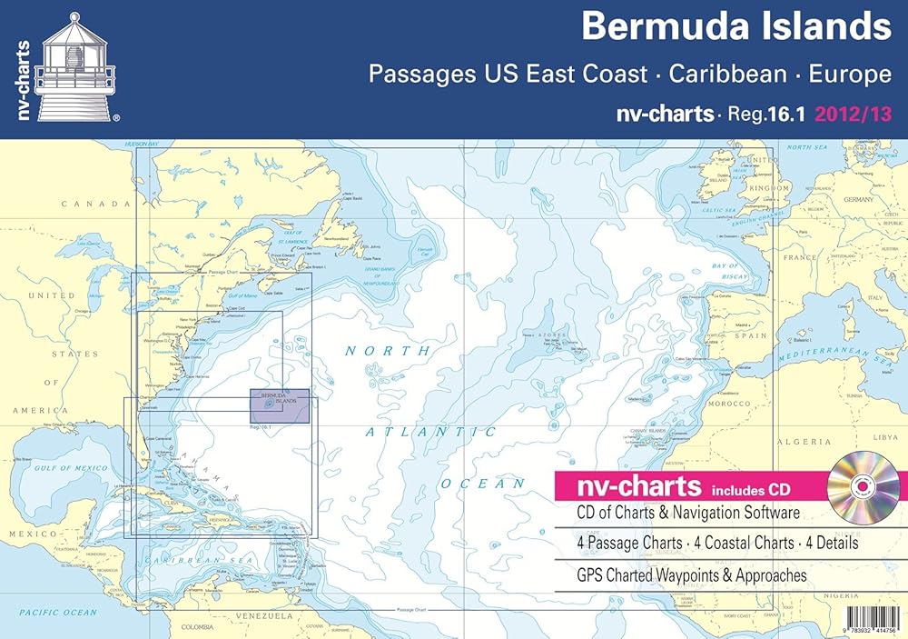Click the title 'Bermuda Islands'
click(x=736, y=25)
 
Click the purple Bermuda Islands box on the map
click(x=279, y=405)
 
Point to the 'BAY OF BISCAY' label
click(x=725, y=271)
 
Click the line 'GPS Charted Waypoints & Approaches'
click(x=689, y=575)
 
